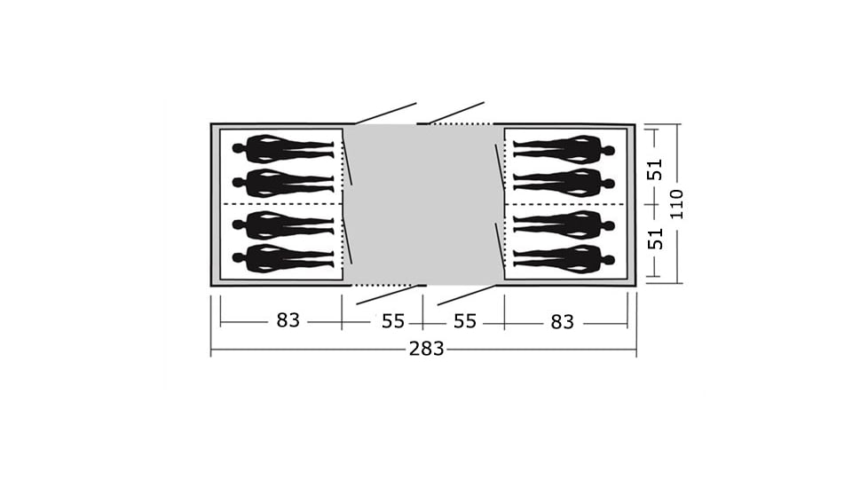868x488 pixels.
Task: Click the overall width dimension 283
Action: pos(426,349)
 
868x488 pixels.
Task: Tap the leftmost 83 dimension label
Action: pos(288,319)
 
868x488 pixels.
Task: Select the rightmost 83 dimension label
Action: pos(562,321)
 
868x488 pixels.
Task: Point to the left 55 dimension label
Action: pos(393,321)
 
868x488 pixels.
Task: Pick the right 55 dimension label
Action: pos(465,321)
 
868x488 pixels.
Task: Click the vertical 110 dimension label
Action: pos(677,203)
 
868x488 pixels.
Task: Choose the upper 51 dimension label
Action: pos(655,169)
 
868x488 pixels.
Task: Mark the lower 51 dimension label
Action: pos(655,239)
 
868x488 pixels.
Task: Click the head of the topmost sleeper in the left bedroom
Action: pos(238,148)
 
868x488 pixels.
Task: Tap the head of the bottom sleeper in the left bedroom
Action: pos(238,258)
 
